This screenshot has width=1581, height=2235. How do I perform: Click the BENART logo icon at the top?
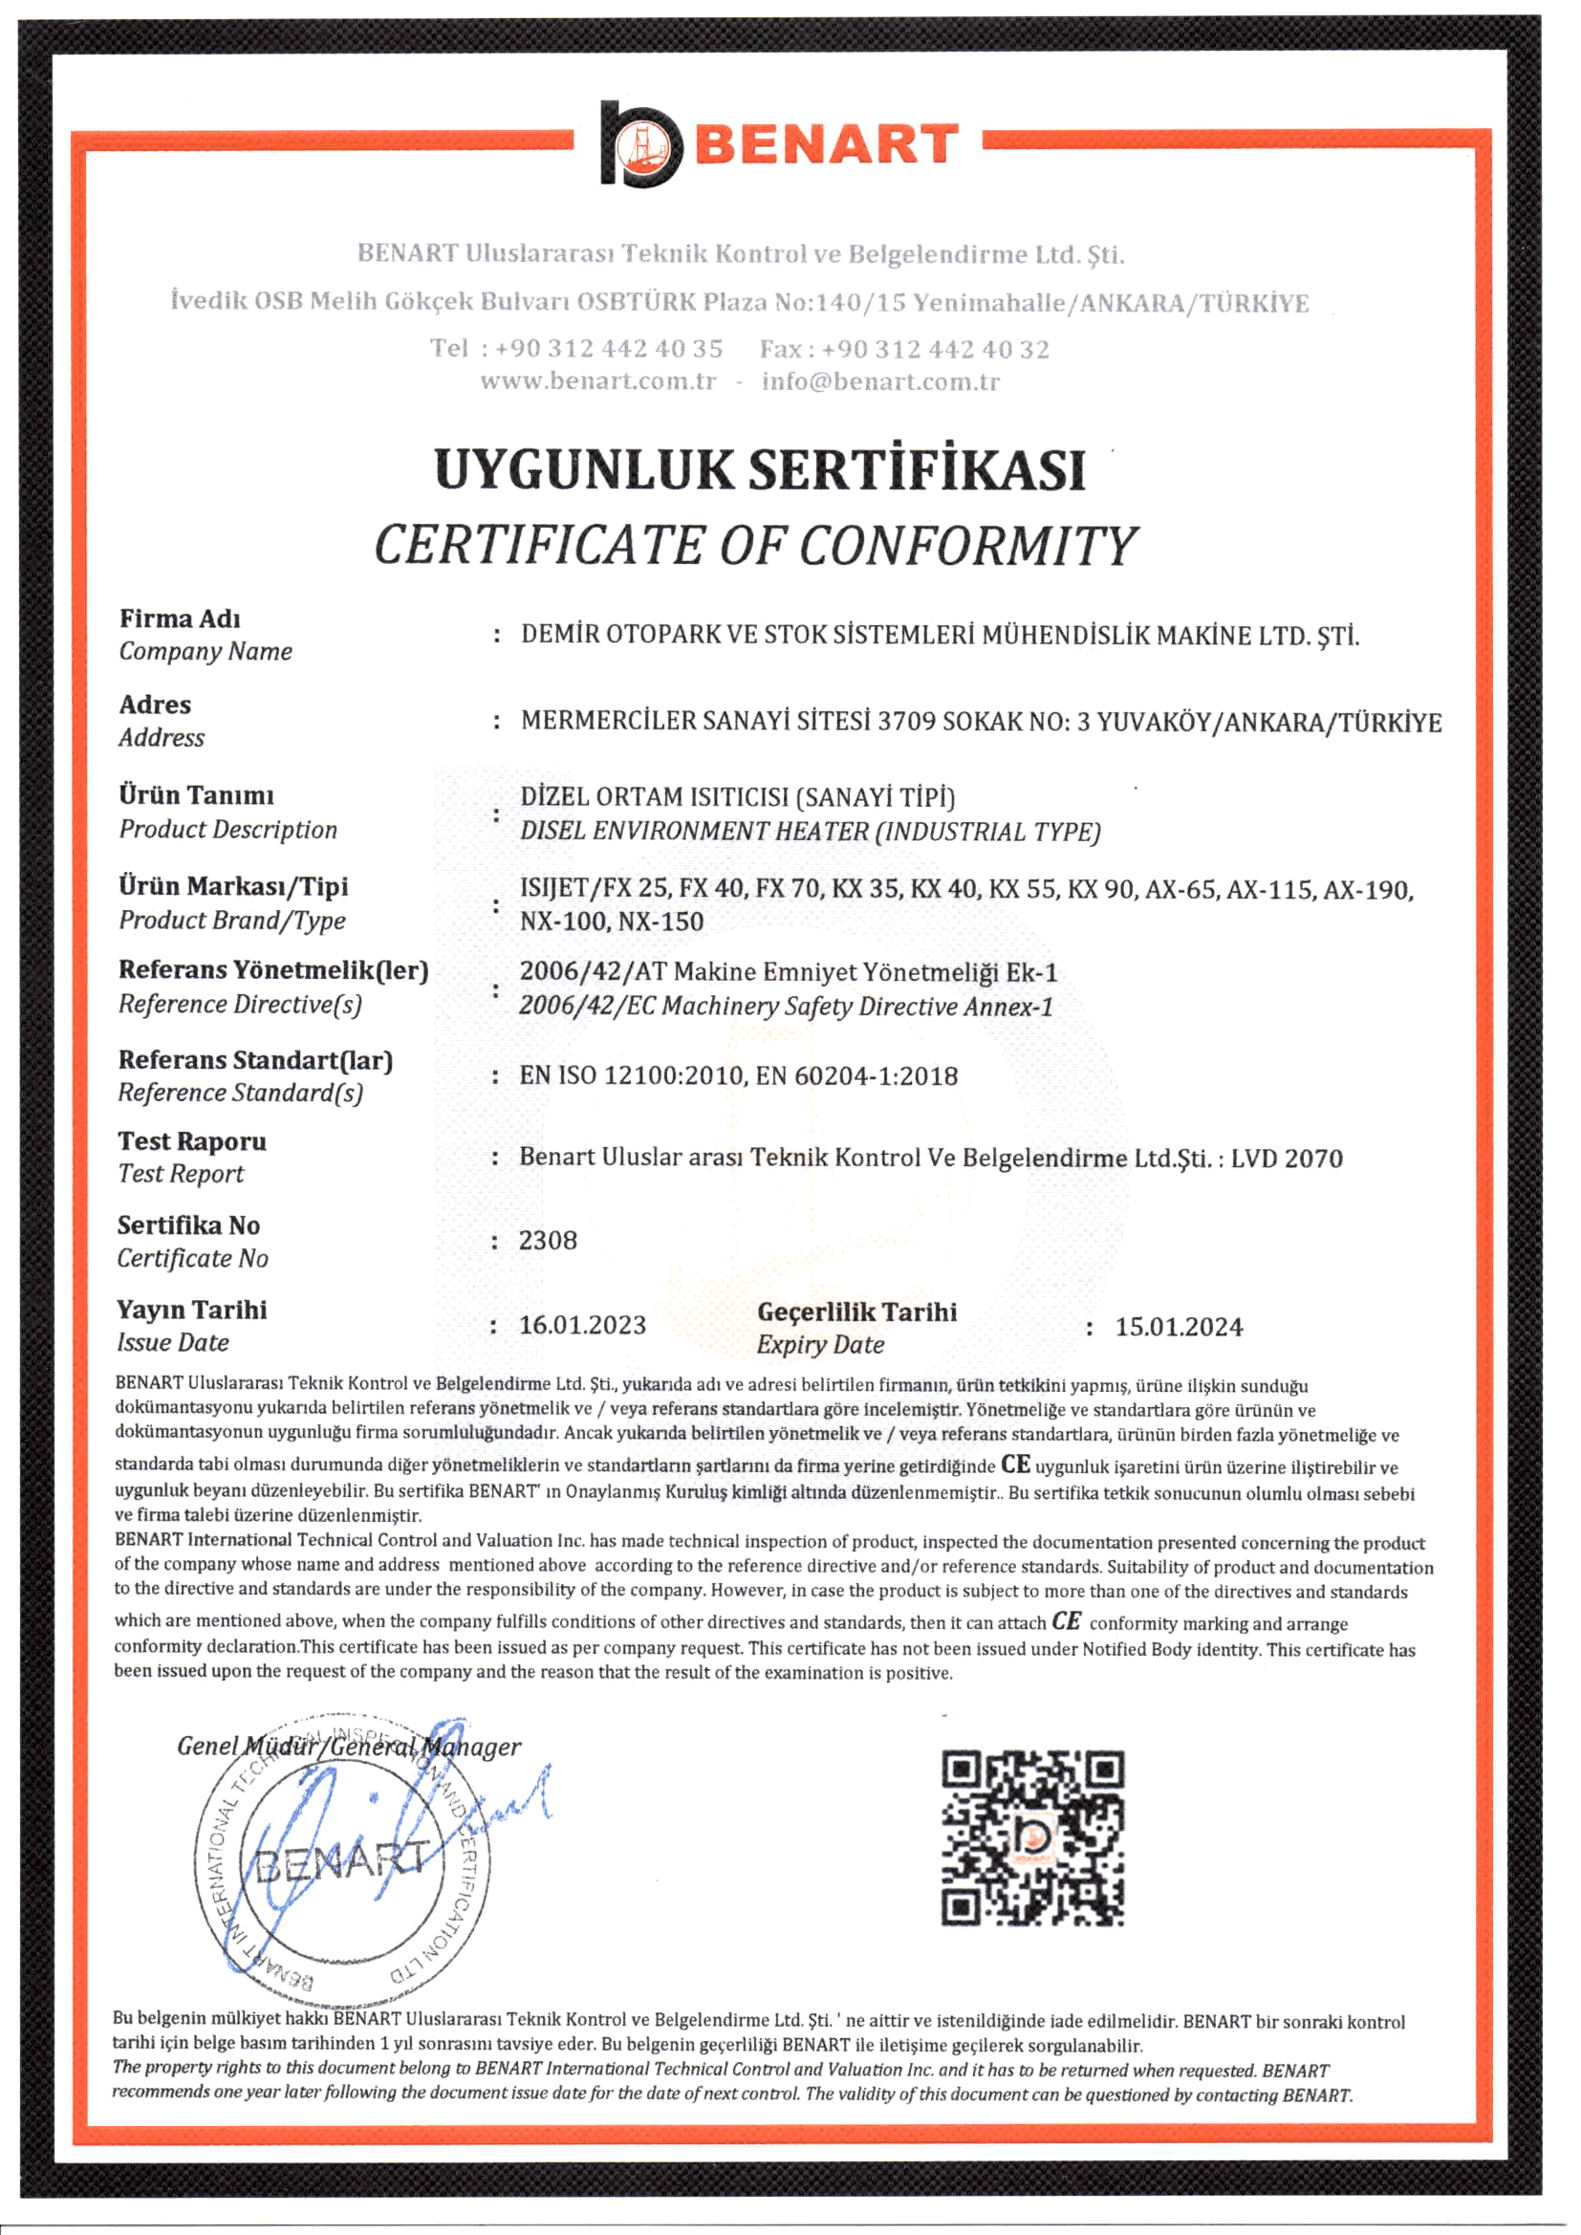[x=639, y=144]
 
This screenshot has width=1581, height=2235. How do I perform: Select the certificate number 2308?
[x=547, y=1240]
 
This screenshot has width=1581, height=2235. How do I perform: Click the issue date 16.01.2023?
[x=582, y=1325]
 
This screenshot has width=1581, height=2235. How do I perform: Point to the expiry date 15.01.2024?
[x=1178, y=1327]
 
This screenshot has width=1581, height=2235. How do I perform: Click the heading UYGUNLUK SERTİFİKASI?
[x=759, y=469]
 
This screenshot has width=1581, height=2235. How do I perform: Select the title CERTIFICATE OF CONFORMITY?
[x=755, y=545]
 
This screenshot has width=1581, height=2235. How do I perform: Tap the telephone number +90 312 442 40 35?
[x=608, y=349]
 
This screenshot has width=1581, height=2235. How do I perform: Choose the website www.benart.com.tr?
[x=597, y=380]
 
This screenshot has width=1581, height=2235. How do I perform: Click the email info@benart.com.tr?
[x=880, y=381]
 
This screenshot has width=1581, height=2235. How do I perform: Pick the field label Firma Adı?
[x=179, y=619]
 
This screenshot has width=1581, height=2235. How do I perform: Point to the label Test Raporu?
[x=192, y=1140]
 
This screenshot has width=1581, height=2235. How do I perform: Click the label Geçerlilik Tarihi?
[x=856, y=1313]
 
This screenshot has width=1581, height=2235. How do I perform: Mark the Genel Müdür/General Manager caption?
[x=349, y=1747]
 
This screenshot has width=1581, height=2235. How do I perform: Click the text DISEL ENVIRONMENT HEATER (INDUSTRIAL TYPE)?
[x=810, y=832]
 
